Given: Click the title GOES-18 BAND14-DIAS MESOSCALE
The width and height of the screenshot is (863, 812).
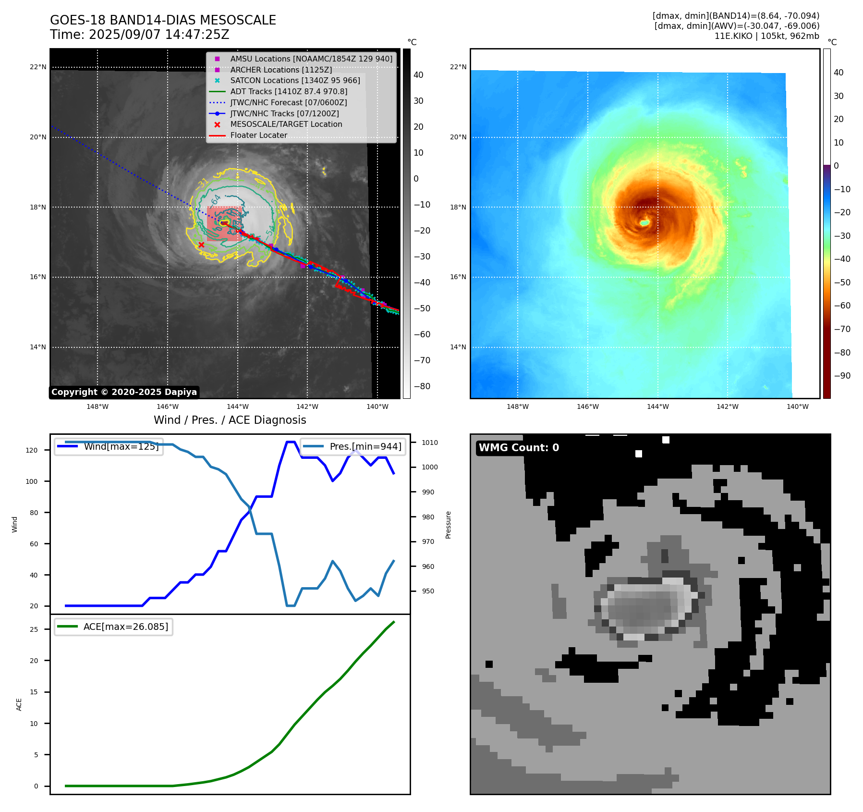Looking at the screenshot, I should click(163, 20).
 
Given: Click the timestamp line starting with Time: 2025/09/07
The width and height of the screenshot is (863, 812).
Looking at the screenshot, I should click(139, 35).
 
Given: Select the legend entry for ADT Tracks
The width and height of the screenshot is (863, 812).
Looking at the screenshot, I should click(288, 91).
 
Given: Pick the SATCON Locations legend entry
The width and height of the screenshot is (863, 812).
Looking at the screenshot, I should click(294, 80).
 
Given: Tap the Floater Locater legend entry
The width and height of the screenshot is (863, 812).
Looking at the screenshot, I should click(258, 135).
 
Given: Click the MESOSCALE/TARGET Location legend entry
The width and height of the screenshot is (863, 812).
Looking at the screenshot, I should click(286, 124).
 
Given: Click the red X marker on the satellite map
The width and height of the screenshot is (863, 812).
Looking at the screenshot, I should click(201, 245).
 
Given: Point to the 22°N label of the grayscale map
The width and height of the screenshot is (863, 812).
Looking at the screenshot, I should click(38, 67).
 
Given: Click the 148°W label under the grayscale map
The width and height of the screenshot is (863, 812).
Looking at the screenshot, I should click(97, 406).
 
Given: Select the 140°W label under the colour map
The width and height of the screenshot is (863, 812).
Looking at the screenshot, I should click(797, 406).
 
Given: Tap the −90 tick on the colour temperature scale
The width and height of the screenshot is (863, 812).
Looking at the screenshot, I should click(842, 376).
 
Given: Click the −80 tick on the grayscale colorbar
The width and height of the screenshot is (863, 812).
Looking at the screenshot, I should click(422, 386).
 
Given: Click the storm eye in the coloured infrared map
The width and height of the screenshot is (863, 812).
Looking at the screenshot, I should click(644, 222).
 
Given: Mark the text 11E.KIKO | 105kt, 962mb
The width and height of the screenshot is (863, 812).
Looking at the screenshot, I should click(766, 36).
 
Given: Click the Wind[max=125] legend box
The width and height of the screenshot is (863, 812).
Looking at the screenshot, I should click(109, 446).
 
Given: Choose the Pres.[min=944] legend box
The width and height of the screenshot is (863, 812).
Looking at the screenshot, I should click(353, 446).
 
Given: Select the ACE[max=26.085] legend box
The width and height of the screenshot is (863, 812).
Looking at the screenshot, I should click(113, 627).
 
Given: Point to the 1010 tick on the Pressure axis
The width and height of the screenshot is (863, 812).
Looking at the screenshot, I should click(430, 443).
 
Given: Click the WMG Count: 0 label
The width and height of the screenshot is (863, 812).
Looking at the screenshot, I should click(519, 448).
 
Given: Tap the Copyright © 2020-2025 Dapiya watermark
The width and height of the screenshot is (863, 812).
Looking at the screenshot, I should click(124, 392).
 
